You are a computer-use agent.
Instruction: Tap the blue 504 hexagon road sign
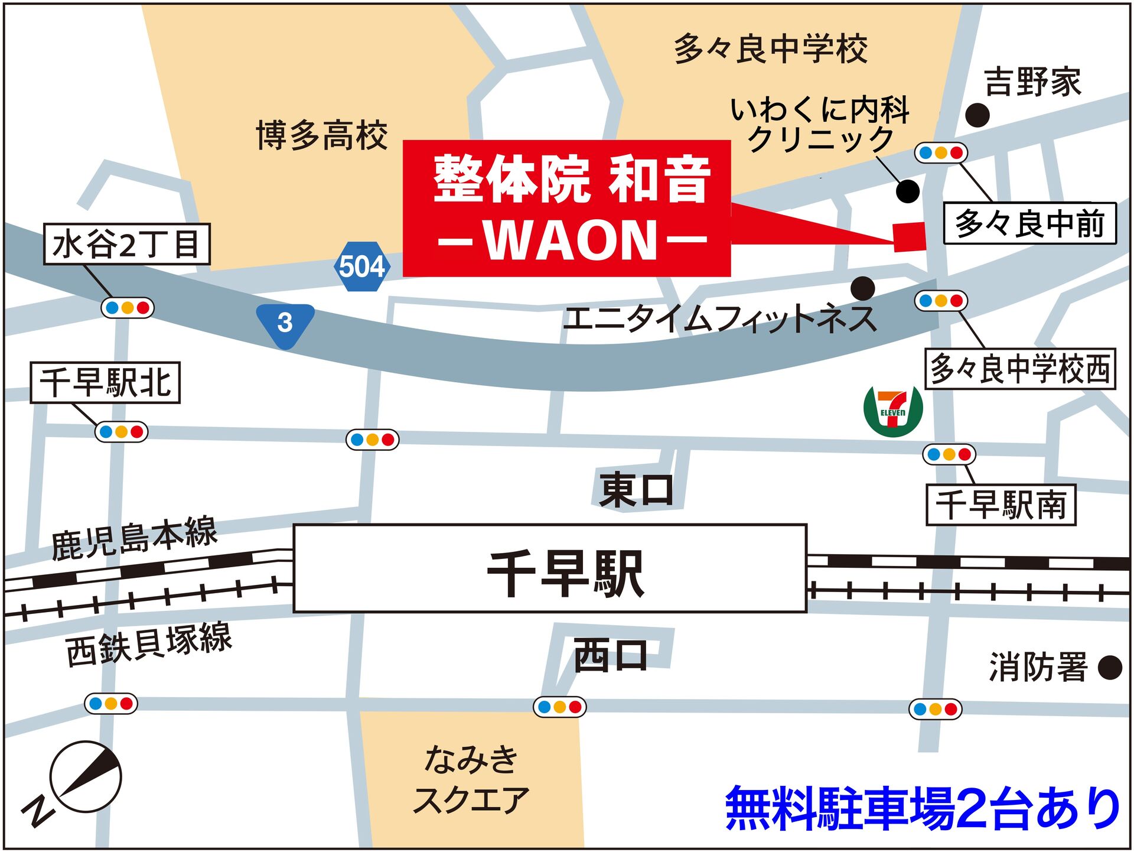tap(361, 266)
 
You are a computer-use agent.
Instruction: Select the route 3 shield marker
tap(285, 324)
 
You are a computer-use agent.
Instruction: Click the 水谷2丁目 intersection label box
tap(127, 243)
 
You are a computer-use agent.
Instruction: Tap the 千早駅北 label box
tap(105, 383)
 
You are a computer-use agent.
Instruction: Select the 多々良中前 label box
tap(1029, 223)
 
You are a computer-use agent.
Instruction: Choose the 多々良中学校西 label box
tap(1020, 369)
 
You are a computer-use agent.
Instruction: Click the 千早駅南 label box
tap(1001, 505)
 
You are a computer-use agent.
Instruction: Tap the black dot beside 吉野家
tap(977, 115)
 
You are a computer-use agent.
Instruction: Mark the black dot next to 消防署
tap(1110, 668)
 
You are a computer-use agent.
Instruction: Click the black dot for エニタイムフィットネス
tap(863, 288)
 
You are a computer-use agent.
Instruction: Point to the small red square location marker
tap(910, 237)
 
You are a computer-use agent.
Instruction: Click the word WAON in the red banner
tap(571, 240)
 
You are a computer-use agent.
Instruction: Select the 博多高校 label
tap(322, 135)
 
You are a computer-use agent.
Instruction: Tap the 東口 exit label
tap(636, 490)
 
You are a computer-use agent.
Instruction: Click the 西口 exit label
tap(611, 656)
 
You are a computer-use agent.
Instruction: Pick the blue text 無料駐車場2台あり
tap(923, 808)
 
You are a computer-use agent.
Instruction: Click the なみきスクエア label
tap(471, 780)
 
